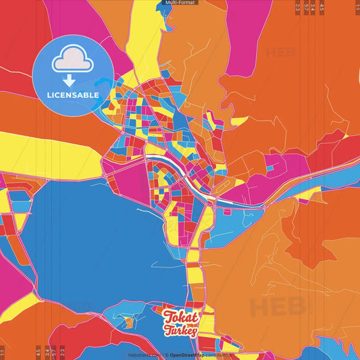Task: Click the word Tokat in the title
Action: coord(180,317)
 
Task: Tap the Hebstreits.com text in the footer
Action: coord(143,355)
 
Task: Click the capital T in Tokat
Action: coord(168,316)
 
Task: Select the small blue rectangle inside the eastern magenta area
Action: coord(269,167)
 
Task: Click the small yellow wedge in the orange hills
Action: coord(240,122)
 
